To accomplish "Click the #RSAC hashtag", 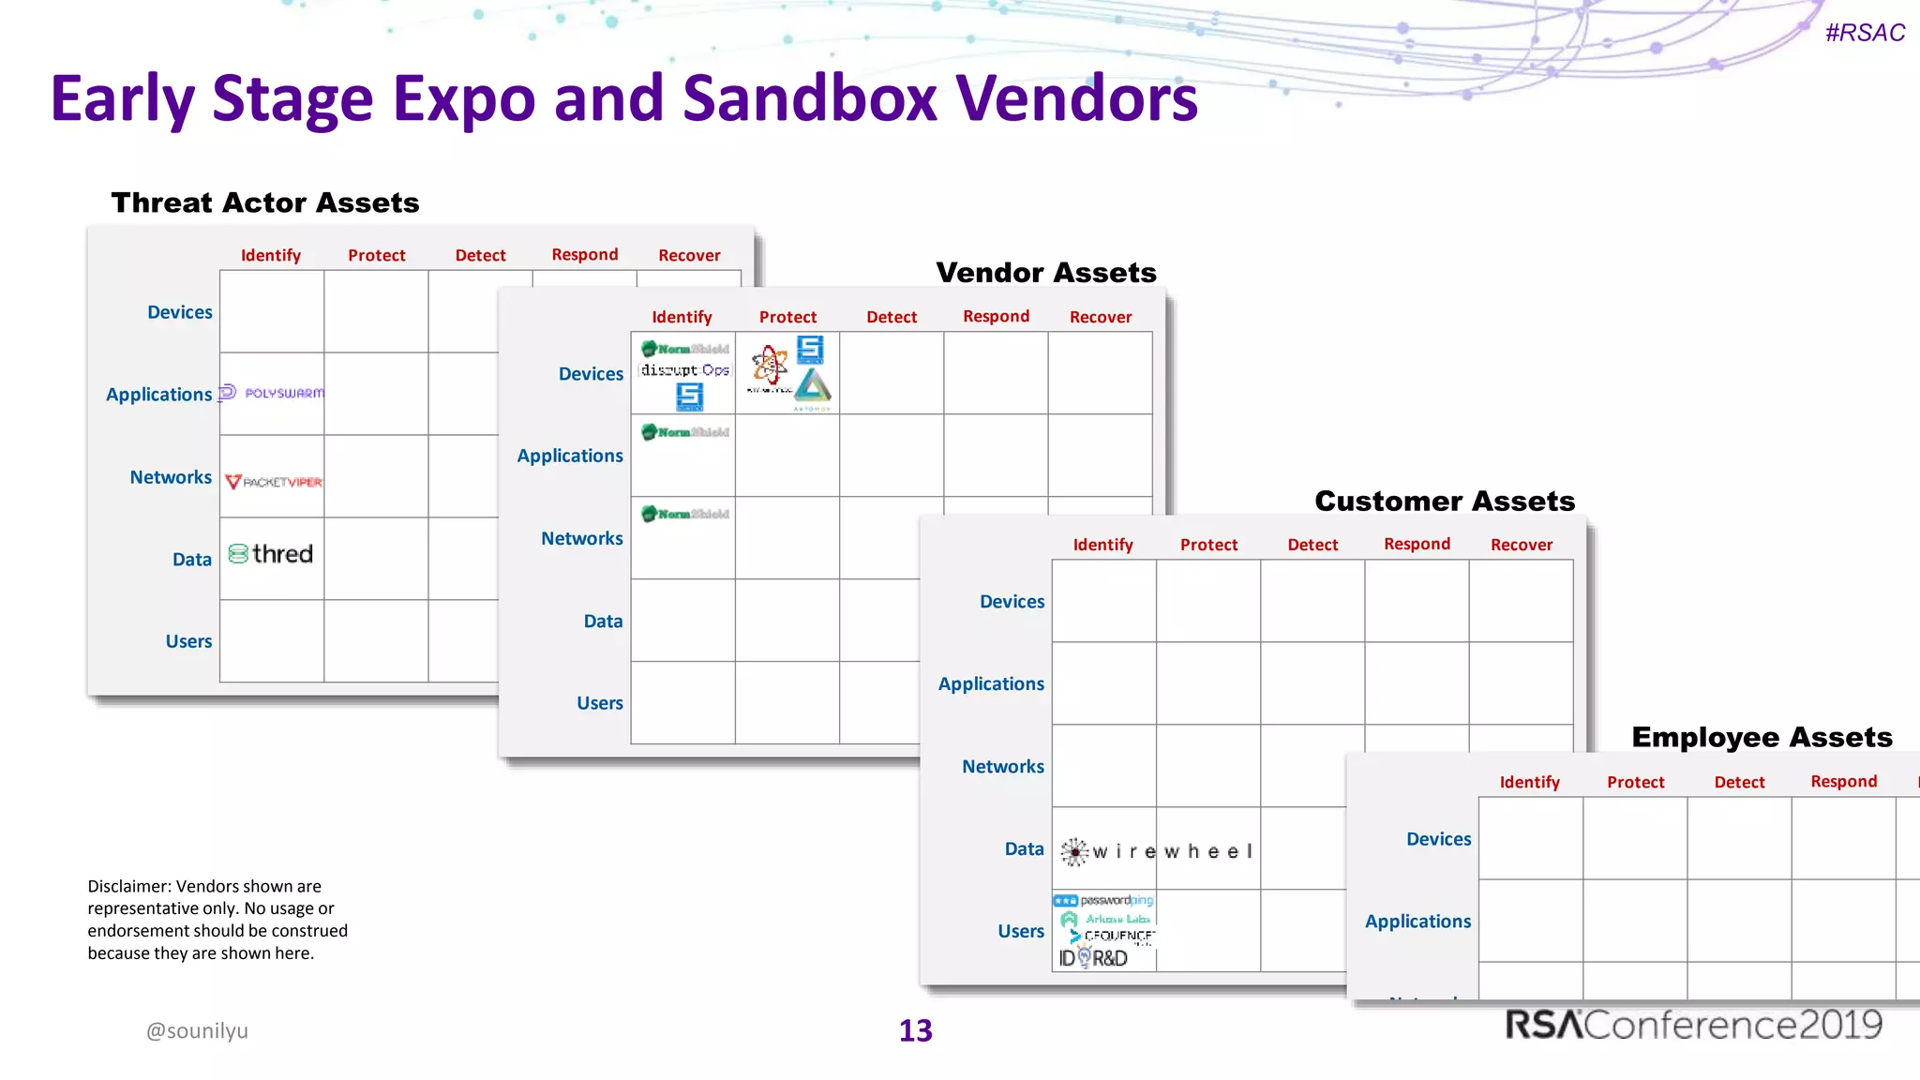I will point(1864,33).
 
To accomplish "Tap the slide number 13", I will point(915,1030).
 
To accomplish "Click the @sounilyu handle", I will point(197,1030).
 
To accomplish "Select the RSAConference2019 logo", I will point(1693,1025).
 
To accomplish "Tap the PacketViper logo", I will point(273,482).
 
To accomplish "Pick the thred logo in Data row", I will point(271,554).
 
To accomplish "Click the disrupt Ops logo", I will point(684,370).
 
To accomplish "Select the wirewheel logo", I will point(1157,851).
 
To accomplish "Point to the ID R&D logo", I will point(1093,958).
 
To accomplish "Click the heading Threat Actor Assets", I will point(264,202).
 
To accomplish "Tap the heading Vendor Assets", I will point(1045,273).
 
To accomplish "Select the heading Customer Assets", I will point(1444,501).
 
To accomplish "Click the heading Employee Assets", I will point(1761,737).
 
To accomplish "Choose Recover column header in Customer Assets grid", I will point(1521,545).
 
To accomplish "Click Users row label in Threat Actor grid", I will point(188,641).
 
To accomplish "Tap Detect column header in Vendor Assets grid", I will point(891,317).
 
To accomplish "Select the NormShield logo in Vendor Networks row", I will point(684,514).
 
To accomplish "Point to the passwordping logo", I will point(1104,900).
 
